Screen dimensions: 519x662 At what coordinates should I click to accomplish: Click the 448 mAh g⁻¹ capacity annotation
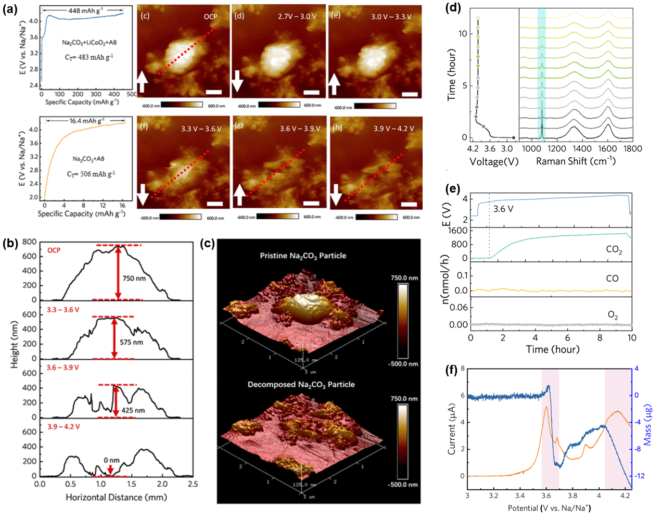click(x=86, y=10)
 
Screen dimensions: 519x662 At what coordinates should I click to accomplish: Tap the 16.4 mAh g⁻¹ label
click(x=87, y=120)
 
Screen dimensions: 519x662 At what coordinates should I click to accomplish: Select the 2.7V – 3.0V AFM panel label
click(x=297, y=17)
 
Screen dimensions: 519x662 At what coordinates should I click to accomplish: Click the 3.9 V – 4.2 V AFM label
click(x=394, y=128)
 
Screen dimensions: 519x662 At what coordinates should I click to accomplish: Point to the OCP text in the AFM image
click(x=210, y=17)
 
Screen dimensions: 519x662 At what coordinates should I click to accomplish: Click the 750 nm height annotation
click(x=134, y=279)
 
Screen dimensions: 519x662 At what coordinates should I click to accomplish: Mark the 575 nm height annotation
click(x=132, y=342)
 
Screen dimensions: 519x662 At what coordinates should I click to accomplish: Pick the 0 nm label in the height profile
click(x=111, y=460)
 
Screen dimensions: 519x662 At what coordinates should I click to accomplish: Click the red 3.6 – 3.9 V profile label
click(x=63, y=368)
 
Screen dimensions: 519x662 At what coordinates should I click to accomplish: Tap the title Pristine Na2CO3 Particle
click(x=303, y=256)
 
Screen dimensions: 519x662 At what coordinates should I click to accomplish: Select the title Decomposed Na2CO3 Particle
click(x=301, y=384)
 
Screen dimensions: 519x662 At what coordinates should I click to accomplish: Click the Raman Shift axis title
click(x=576, y=161)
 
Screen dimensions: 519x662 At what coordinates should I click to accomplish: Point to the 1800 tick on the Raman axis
click(x=632, y=149)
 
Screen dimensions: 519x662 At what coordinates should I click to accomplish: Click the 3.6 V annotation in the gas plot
click(x=503, y=209)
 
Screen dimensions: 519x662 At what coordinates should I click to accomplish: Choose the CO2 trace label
click(x=614, y=250)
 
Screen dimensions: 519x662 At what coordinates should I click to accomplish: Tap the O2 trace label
click(x=613, y=315)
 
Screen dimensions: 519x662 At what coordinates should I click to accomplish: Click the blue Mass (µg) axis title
click(x=648, y=425)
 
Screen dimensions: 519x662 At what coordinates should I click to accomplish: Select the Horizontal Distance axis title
click(x=116, y=497)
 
